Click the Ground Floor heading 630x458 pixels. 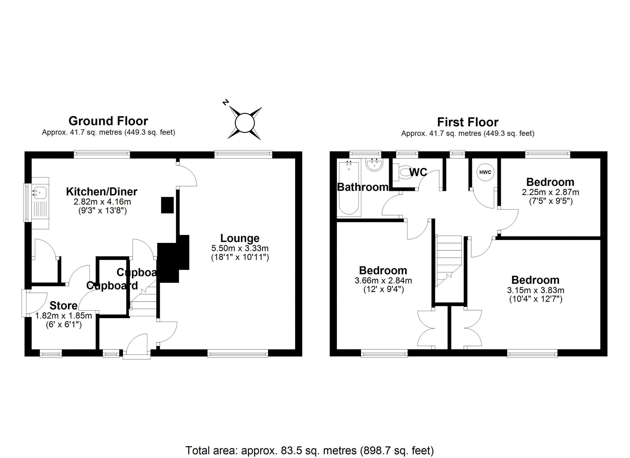[108, 121]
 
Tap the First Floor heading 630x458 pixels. [468, 122]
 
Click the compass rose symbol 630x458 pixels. [244, 123]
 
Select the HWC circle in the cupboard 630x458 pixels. [485, 172]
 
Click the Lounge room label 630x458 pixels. [240, 238]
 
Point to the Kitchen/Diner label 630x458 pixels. [102, 192]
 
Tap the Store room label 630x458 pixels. [63, 306]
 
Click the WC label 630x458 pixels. [418, 172]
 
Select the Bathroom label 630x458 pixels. [363, 187]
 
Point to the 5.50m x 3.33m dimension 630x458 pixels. [240, 248]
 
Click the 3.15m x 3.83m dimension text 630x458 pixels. [535, 291]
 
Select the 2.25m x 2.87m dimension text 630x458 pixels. [550, 192]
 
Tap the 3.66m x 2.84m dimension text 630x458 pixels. [383, 281]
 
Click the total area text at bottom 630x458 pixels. [309, 450]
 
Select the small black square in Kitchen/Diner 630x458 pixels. [167, 205]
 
